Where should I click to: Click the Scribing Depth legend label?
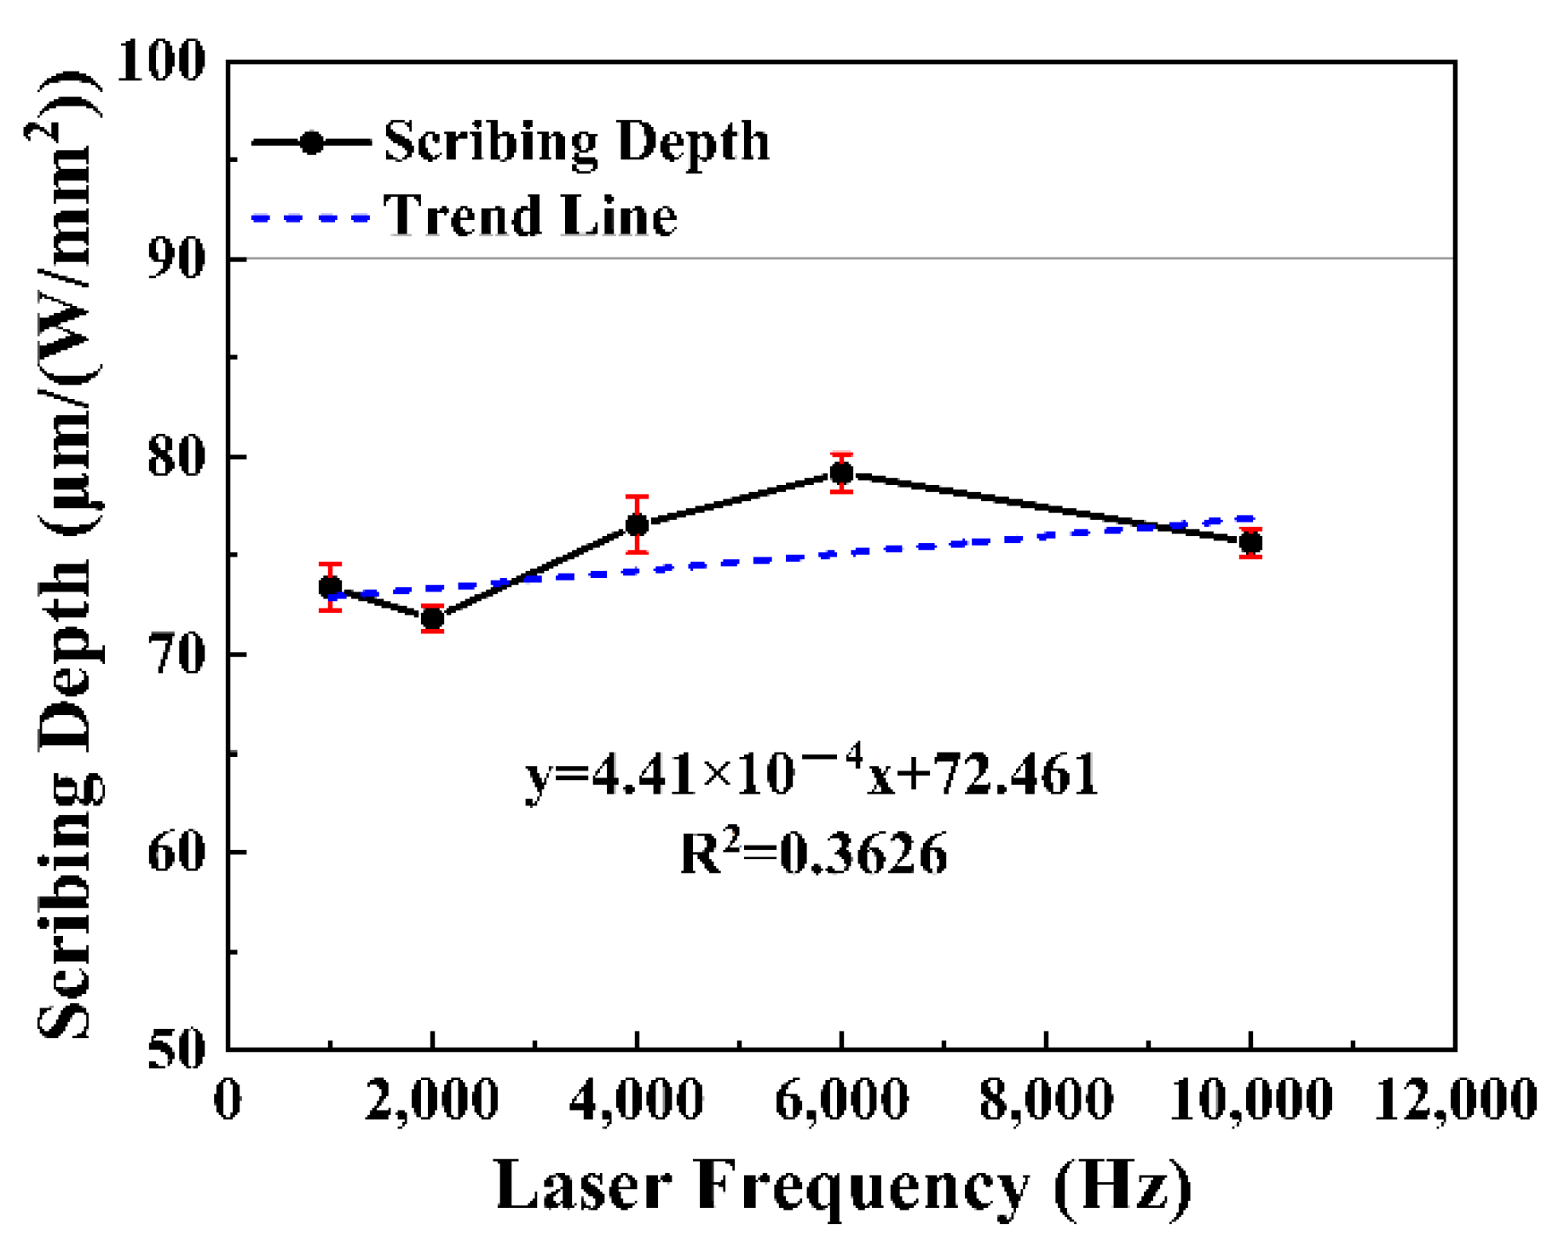coord(576,141)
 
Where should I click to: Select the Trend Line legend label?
coord(530,216)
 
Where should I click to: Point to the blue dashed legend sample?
coord(311,218)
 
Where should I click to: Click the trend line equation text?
coord(811,772)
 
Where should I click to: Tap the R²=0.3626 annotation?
coord(813,854)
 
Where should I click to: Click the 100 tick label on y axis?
coord(161,61)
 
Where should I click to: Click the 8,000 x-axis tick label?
coord(1046,1100)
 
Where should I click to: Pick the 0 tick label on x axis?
coord(228,1100)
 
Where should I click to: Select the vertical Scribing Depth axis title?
coord(68,554)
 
